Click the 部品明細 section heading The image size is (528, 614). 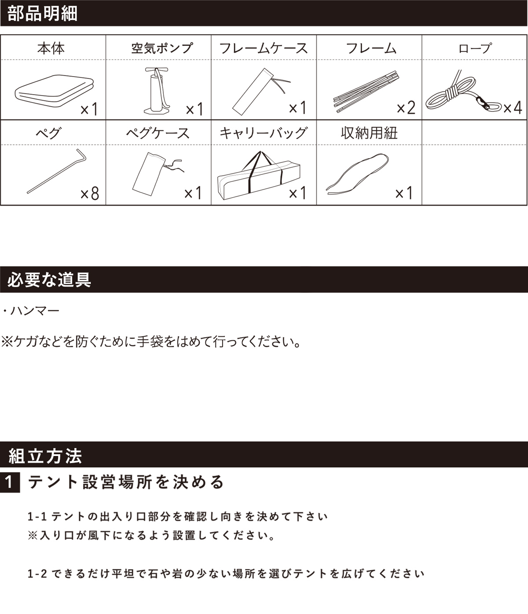pos(43,13)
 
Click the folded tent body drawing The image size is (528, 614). pos(54,92)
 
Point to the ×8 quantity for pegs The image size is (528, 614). pos(90,193)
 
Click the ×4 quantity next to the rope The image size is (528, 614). pos(512,108)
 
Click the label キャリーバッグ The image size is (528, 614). pos(263,133)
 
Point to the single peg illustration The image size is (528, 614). pos(57,172)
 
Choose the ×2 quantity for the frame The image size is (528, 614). pos(406,108)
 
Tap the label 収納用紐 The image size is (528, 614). pos(369,133)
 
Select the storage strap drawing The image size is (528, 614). pos(357,174)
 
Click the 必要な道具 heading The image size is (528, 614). pos(49,280)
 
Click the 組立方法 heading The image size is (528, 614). pos(45,456)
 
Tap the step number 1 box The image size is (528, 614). pos(10,483)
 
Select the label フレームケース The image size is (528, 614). pos(263,48)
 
